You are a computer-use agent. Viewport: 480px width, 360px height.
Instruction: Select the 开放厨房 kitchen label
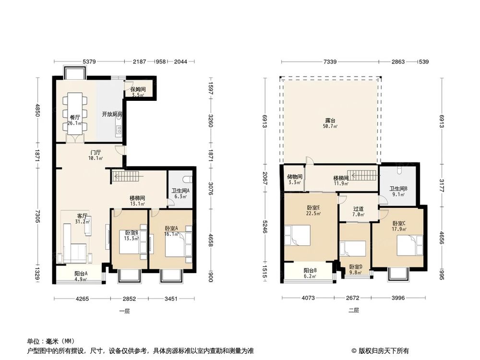(x=111, y=114)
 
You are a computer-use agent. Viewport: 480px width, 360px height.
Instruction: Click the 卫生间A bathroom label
(x=180, y=193)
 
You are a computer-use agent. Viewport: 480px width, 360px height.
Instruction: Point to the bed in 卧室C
(x=408, y=245)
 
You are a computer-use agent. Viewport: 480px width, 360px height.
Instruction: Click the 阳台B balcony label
(x=310, y=273)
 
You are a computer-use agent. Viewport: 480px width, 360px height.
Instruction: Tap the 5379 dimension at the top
(x=90, y=61)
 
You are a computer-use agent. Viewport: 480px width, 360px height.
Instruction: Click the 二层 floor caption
(x=353, y=311)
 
